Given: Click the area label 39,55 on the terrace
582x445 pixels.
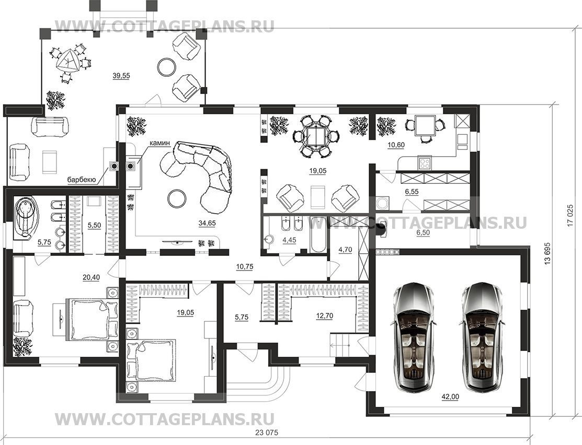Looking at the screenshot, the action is (x=121, y=76).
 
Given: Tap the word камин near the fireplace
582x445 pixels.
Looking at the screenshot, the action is (x=159, y=143).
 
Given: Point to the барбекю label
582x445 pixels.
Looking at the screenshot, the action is (x=82, y=180).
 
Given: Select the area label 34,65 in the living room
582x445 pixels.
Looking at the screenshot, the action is (x=207, y=223).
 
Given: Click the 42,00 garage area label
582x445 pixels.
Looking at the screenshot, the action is (x=450, y=397).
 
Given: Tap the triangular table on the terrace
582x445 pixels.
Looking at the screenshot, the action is (x=67, y=61).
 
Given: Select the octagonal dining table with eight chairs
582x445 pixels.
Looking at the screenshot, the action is (x=315, y=136).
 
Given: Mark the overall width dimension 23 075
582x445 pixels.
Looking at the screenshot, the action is (x=267, y=432).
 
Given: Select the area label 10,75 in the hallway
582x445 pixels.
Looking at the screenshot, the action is (x=245, y=266).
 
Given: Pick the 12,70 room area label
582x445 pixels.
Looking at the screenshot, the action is (x=324, y=316).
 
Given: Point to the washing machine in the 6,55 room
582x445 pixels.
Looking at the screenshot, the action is (x=382, y=203).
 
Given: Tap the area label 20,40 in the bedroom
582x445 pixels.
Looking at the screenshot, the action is (x=92, y=277).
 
